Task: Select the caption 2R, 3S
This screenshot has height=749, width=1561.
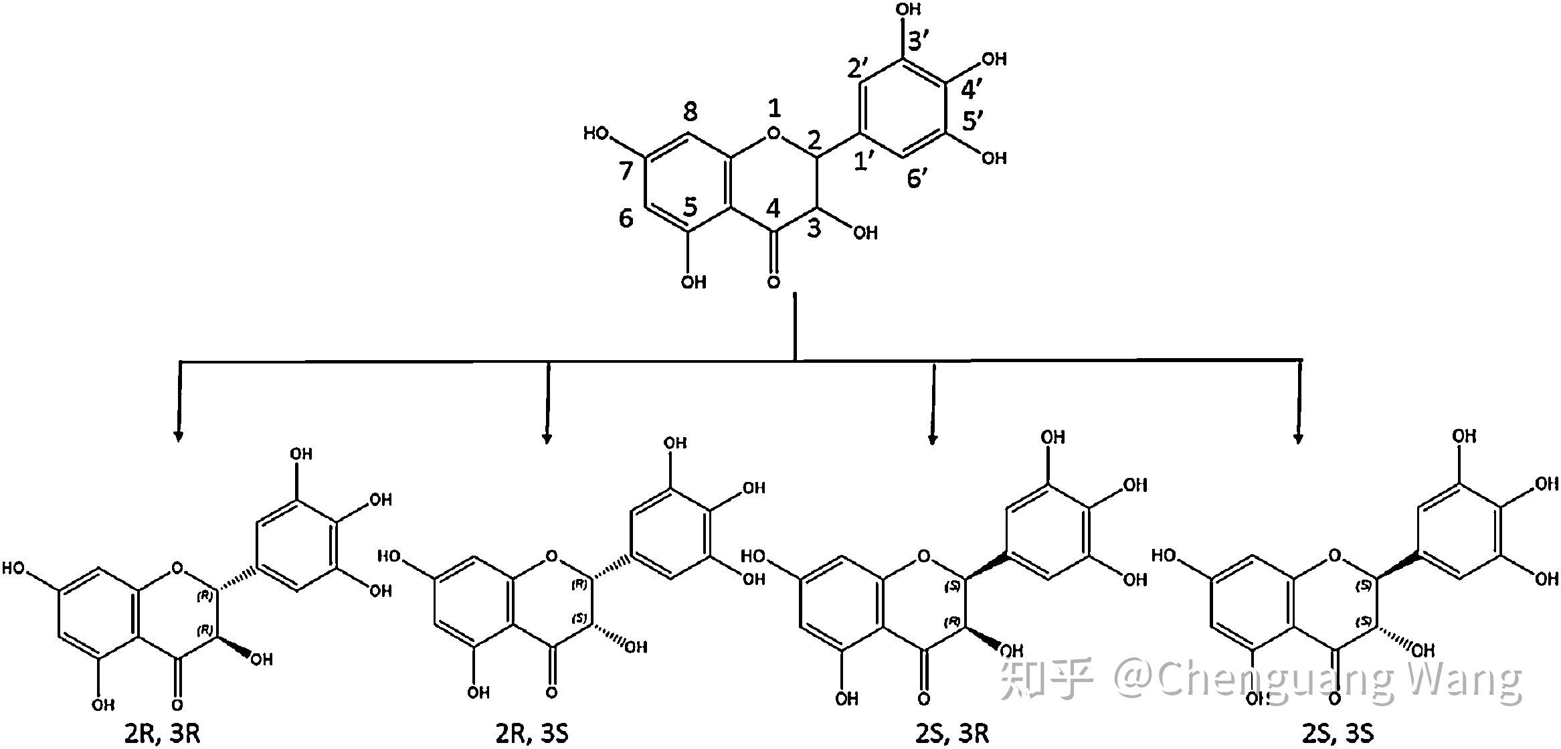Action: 532,734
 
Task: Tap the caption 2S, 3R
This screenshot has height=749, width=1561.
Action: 952,734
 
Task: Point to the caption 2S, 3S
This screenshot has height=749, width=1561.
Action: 1338,734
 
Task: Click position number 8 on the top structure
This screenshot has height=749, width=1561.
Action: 690,112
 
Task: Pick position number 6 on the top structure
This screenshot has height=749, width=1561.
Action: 626,218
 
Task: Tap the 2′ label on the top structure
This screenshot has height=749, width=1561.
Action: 858,68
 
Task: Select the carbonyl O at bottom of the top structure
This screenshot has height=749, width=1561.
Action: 774,282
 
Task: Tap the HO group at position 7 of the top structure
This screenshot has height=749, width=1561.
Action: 597,134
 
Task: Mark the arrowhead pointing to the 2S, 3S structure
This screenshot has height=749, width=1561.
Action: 1299,438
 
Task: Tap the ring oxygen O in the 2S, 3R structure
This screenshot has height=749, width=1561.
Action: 924,556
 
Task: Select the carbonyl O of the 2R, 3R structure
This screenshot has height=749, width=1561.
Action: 177,705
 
